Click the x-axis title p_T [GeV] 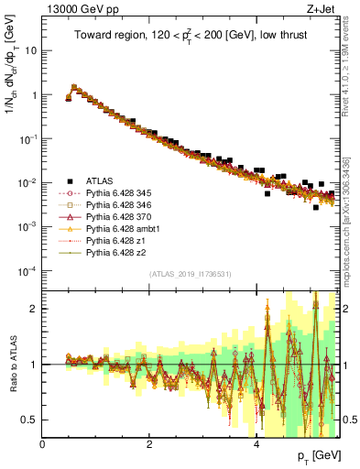(x=314, y=455)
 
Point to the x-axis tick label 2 (x=149, y=443)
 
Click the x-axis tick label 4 (x=256, y=443)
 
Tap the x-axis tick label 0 (x=43, y=443)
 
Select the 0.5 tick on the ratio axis (x=31, y=420)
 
